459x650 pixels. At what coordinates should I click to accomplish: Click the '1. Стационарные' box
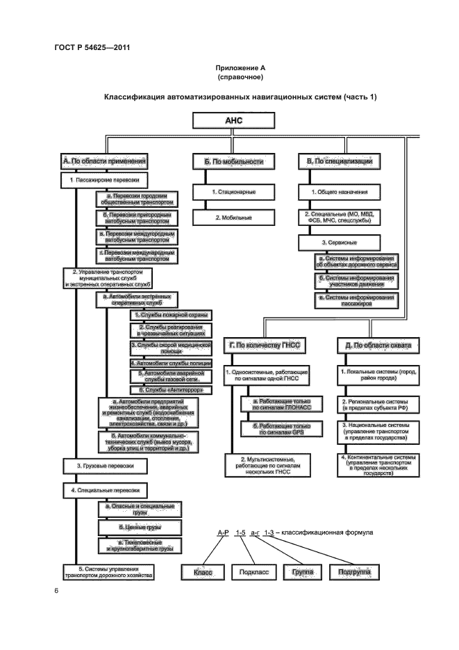(233, 191)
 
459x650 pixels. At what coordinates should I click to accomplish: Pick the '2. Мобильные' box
(233, 218)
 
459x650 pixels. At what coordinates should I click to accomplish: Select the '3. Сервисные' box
(339, 243)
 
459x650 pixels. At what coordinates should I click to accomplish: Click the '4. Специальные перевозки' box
(109, 489)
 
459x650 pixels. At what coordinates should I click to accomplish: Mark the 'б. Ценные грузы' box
(140, 528)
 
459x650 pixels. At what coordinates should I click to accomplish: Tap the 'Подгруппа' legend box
(353, 572)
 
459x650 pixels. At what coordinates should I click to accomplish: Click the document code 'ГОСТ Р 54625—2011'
(92, 47)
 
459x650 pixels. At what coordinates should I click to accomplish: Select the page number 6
(56, 590)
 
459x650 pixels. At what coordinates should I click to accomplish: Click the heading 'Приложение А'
(239, 68)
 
